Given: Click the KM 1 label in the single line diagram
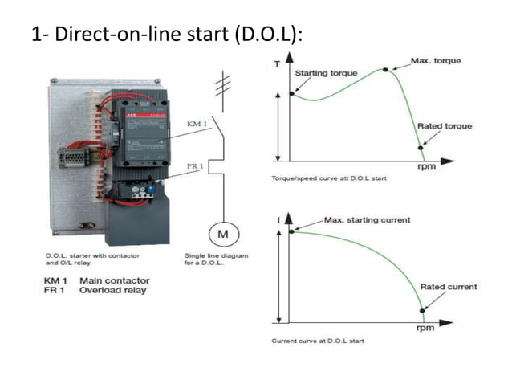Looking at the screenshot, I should coord(197,125).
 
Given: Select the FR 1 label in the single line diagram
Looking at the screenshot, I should coord(195,166).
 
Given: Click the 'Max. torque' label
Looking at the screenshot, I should coord(435,61).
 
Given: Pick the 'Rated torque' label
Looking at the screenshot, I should coord(445,126).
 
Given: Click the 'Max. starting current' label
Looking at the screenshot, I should coord(367,219).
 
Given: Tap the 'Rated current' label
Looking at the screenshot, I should coord(448,287).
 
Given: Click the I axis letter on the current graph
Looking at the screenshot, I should coord(278,218).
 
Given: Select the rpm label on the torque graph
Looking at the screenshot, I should coord(426,168).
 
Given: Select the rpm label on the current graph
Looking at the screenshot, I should coord(426,329).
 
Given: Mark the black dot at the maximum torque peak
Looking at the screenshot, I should coord(385,70).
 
